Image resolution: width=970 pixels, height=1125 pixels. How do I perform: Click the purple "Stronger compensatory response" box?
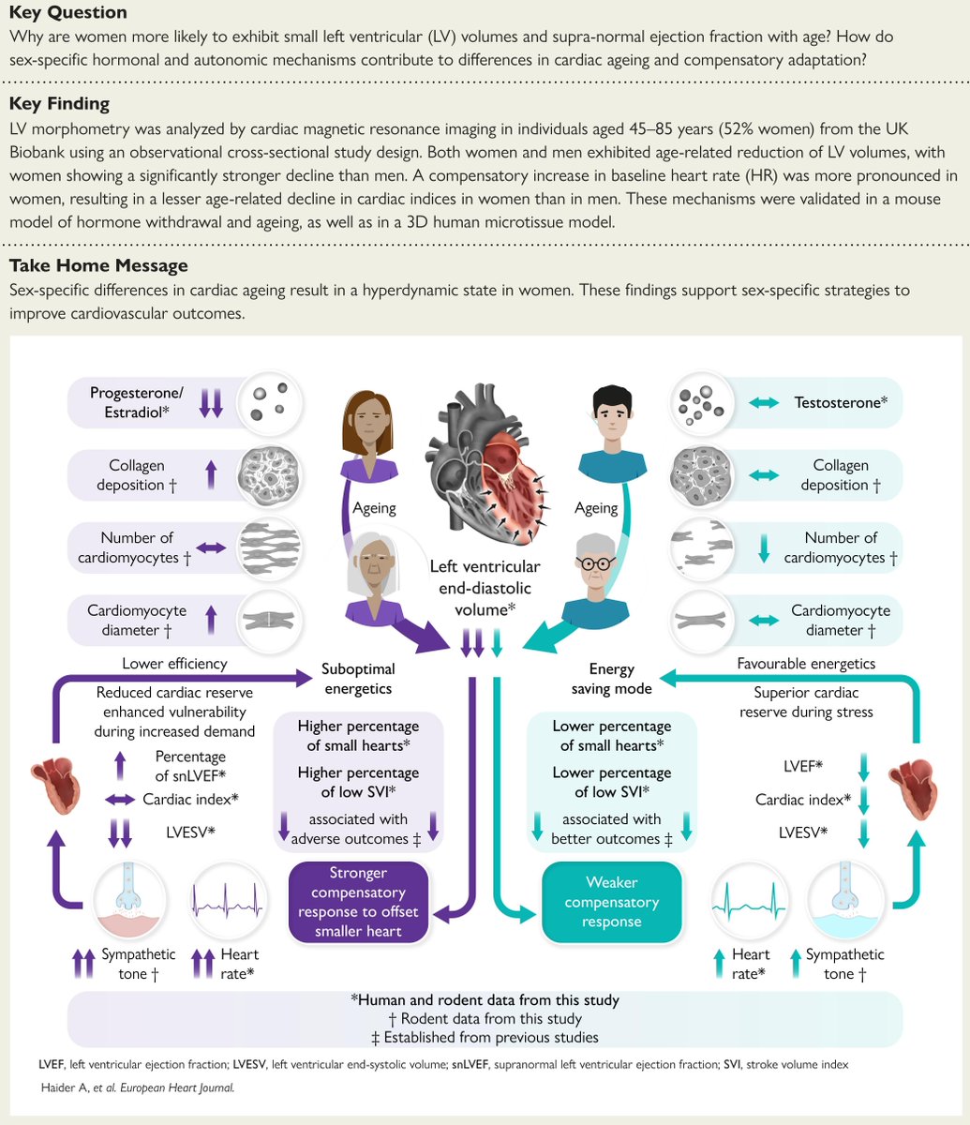coord(359,902)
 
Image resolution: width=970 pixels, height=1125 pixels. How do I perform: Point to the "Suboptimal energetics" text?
coord(358,679)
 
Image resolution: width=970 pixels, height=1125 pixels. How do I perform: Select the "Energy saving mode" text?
coord(612,679)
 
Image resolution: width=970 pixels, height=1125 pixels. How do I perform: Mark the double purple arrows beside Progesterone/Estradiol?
coord(211,402)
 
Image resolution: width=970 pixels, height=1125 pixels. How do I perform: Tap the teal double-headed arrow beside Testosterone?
coord(764,402)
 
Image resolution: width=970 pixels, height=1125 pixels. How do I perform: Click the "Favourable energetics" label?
coord(806,664)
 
